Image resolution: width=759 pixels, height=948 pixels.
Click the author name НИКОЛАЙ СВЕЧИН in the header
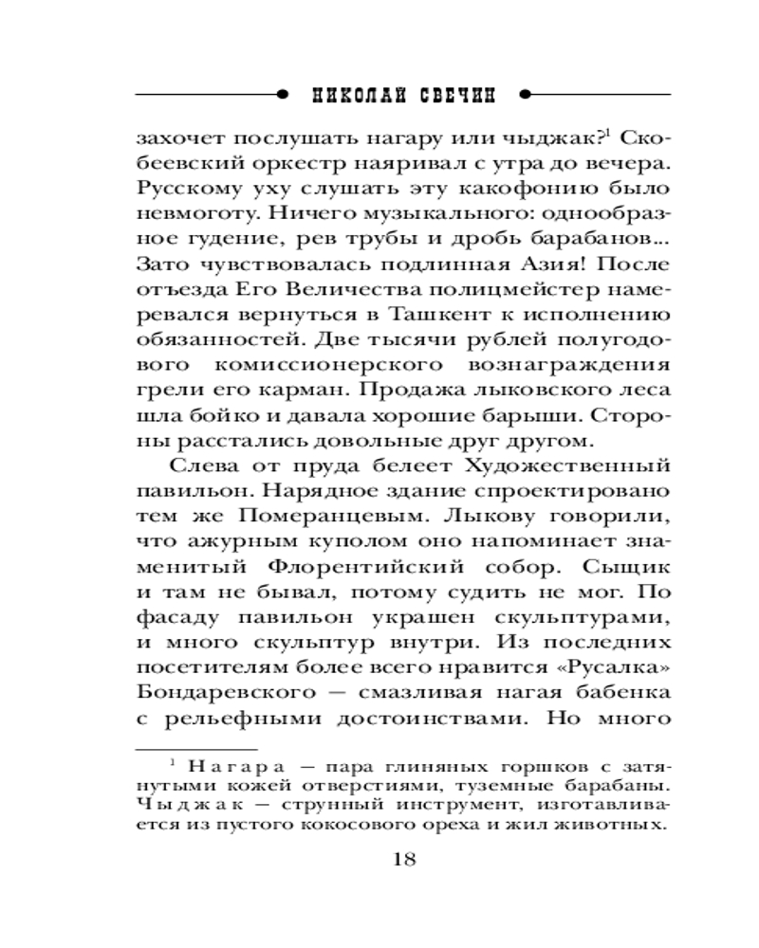[404, 95]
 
